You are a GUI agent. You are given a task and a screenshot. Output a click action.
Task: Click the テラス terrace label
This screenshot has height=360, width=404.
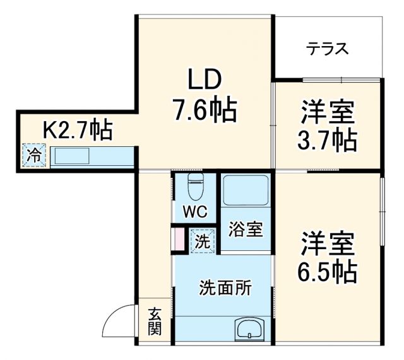328,49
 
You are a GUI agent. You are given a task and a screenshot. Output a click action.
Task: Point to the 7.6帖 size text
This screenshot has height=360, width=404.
204,111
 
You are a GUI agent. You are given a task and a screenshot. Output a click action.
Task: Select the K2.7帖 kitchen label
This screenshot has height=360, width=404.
76,131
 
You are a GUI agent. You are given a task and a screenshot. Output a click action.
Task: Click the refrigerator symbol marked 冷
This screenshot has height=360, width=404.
35,155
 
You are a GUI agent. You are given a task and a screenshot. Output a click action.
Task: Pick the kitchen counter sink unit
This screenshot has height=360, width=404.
92,156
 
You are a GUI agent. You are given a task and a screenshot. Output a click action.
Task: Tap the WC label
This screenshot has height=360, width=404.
194,212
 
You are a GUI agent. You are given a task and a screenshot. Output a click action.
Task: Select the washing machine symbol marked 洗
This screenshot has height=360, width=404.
202,240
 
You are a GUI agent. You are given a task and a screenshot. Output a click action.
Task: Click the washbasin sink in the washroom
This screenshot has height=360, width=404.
251,328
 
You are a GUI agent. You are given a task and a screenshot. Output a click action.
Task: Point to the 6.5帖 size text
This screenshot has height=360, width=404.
327,271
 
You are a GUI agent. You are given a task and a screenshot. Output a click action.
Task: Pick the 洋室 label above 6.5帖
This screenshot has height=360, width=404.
327,243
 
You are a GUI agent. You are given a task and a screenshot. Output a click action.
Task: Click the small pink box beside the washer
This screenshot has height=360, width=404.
178,240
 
